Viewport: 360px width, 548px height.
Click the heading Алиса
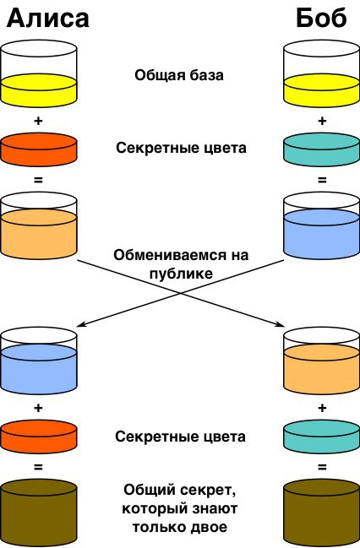pyautogui.click(x=48, y=19)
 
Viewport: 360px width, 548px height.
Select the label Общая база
pyautogui.click(x=179, y=75)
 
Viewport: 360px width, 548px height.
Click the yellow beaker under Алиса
pyautogui.click(x=39, y=73)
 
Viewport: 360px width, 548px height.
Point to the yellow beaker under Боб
pyautogui.click(x=321, y=73)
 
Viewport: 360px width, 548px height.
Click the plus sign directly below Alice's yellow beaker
pyautogui.click(x=38, y=121)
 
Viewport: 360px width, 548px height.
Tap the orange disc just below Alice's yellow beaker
pyautogui.click(x=39, y=149)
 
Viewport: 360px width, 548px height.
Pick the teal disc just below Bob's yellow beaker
pyautogui.click(x=321, y=149)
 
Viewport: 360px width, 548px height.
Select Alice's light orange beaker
pyautogui.click(x=39, y=225)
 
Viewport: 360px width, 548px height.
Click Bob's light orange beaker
pyautogui.click(x=321, y=361)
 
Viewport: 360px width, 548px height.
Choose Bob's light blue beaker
pyautogui.click(x=321, y=225)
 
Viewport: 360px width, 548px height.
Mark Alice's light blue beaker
pyautogui.click(x=39, y=361)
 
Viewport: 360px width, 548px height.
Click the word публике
pyautogui.click(x=181, y=274)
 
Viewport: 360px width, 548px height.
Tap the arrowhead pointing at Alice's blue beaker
pyautogui.click(x=80, y=324)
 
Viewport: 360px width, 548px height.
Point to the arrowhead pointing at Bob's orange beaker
pyautogui.click(x=280, y=325)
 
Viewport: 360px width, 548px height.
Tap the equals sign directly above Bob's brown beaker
pyautogui.click(x=322, y=467)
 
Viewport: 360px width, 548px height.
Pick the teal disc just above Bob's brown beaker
pyautogui.click(x=321, y=437)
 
